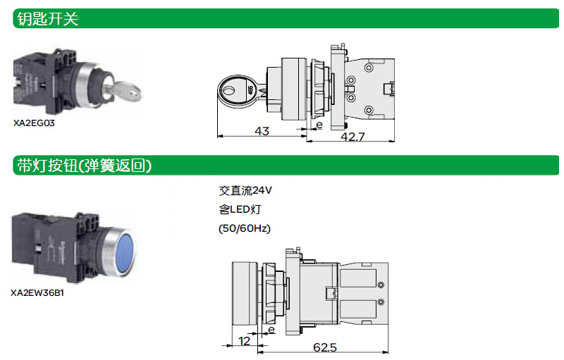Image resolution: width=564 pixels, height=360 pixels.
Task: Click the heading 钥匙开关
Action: [x=47, y=19]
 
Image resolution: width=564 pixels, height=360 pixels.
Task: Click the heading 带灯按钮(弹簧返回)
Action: [x=84, y=166]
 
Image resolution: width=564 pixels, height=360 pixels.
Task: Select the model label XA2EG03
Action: [x=34, y=123]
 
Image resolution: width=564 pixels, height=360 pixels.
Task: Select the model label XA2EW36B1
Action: [x=37, y=293]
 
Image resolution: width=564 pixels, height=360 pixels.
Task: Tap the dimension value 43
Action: [x=262, y=131]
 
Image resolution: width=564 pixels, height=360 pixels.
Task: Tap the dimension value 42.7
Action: [x=352, y=137]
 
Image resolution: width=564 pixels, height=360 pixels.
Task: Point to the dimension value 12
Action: [x=244, y=341]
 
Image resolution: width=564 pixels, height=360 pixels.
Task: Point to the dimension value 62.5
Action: [x=324, y=347]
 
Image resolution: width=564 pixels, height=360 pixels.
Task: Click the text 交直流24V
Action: [x=245, y=190]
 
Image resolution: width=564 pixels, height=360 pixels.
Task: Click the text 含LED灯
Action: [x=240, y=209]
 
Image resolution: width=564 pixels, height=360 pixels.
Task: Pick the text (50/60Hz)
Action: [x=245, y=228]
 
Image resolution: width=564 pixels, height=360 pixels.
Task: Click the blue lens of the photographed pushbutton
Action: [x=126, y=251]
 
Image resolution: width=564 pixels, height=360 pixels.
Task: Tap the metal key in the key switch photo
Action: [x=125, y=92]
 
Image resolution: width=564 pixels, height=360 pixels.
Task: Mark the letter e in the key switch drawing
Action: [x=319, y=125]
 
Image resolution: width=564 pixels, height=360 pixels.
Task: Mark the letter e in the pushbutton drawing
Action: [x=271, y=330]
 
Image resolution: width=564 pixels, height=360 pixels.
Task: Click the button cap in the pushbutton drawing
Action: [x=245, y=293]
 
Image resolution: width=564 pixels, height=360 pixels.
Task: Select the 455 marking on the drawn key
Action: [x=250, y=89]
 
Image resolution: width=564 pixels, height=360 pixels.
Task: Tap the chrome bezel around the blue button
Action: [x=118, y=251]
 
